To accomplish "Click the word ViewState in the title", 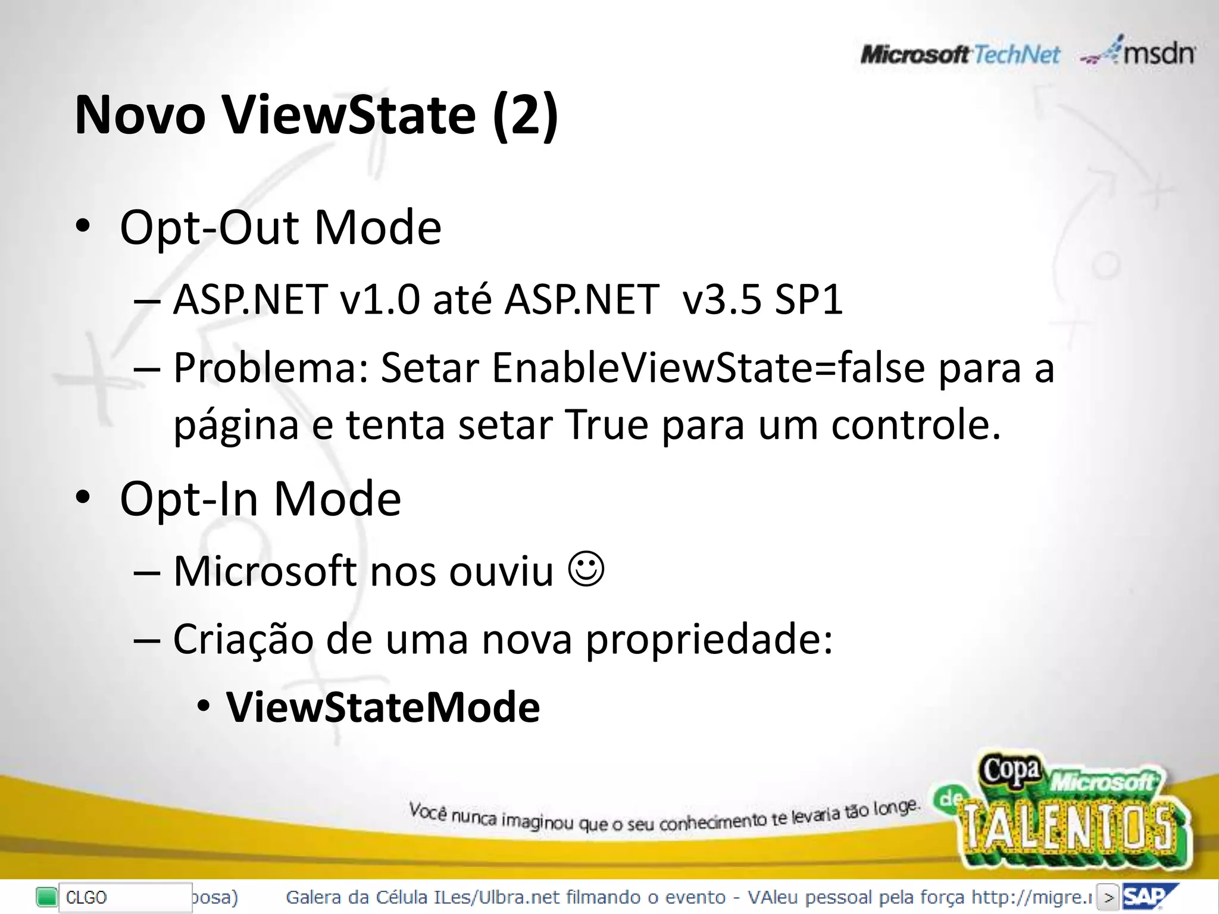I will point(349,115).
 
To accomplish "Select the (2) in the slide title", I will point(526,115).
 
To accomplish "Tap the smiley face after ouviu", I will point(586,569).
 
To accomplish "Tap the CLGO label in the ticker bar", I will point(86,897).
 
